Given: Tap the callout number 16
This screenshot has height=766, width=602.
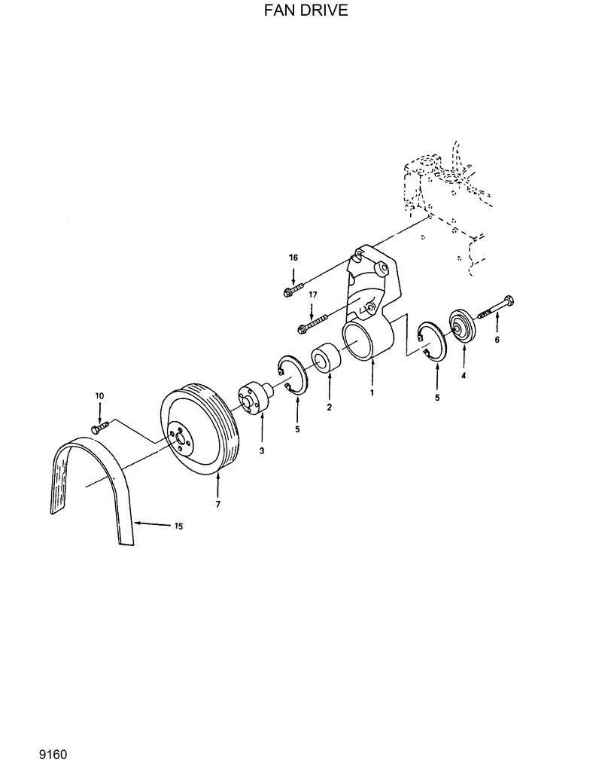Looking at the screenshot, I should pos(293,258).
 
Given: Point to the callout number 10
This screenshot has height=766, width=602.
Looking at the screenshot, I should pos(99,395).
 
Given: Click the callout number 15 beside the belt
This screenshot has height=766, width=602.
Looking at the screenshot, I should pos(178,526).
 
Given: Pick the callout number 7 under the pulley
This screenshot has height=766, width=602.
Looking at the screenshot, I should pos(218,504).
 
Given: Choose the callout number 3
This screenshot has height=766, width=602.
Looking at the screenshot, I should pos(262,450).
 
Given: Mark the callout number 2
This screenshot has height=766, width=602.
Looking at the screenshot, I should pos(329,407).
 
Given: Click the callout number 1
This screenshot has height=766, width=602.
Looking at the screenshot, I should pos(371,393).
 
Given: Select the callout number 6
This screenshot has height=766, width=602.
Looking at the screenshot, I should pos(497,340).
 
